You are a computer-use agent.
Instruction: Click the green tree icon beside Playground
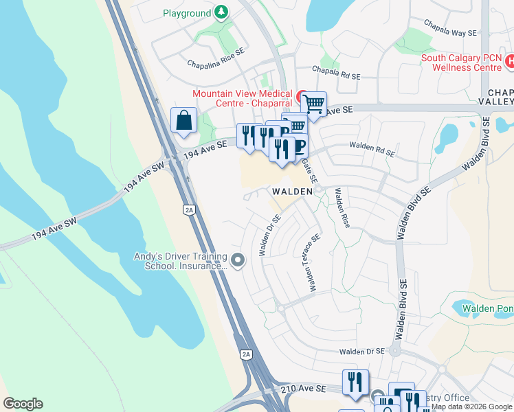(221, 12)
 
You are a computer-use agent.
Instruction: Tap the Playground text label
(186, 13)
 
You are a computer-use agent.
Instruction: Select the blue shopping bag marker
(184, 121)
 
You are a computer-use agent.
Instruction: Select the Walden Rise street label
(342, 208)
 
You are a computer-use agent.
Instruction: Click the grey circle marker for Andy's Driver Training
(238, 260)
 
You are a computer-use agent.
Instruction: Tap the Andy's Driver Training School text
(181, 262)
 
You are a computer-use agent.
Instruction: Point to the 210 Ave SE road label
(303, 389)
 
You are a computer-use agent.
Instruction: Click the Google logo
(23, 404)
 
